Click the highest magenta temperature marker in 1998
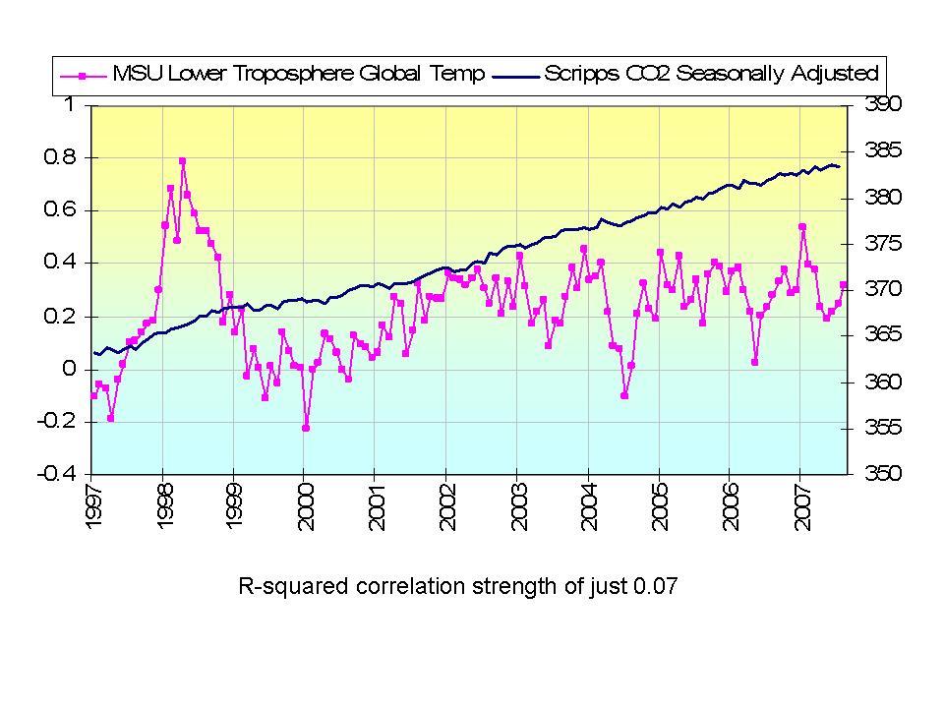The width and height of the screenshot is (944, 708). pyautogui.click(x=183, y=161)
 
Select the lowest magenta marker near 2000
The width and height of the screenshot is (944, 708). pyautogui.click(x=306, y=428)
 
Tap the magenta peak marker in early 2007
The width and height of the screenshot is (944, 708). pyautogui.click(x=802, y=227)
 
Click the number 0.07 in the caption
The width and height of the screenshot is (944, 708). pyautogui.click(x=657, y=588)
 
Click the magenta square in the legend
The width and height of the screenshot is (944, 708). pyautogui.click(x=84, y=75)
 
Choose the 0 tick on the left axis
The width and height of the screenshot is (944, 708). pyautogui.click(x=69, y=369)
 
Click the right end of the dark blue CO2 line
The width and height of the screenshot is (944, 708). pyautogui.click(x=839, y=166)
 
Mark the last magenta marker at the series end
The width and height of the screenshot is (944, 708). pyautogui.click(x=844, y=285)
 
